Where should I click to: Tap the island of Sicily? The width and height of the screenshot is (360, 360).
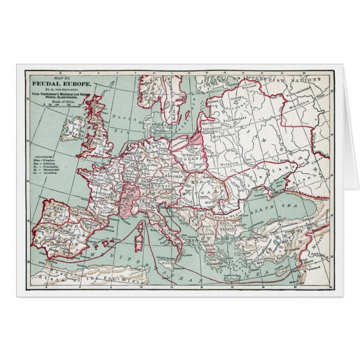click(x=171, y=258)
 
